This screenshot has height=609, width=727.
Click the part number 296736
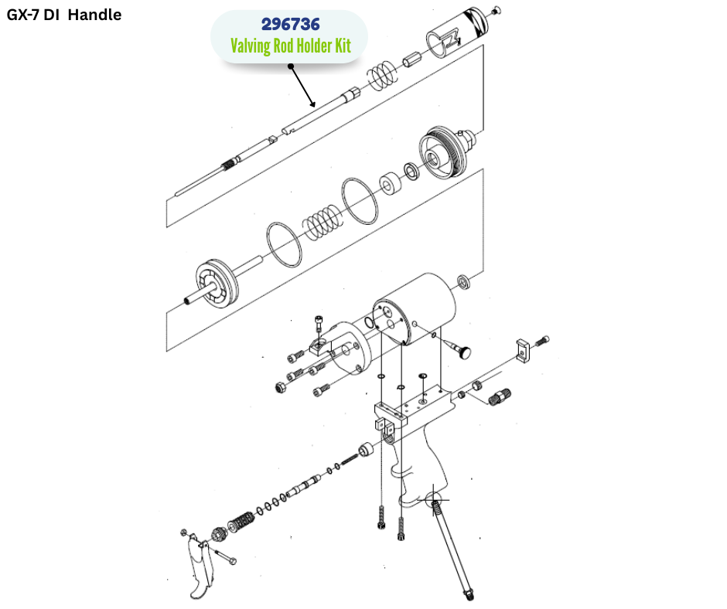coord(290,24)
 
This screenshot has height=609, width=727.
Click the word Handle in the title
coord(94,15)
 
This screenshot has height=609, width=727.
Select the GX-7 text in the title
coord(23,15)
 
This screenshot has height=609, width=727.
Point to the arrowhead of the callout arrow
coord(313,104)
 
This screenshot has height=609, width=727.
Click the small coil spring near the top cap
coord(383,75)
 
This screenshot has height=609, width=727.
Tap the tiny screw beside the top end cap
coord(497,9)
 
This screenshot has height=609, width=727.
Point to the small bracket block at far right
coord(523,351)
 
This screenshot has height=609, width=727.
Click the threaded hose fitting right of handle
coord(500,396)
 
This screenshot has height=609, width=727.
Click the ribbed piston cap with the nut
coord(446,151)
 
